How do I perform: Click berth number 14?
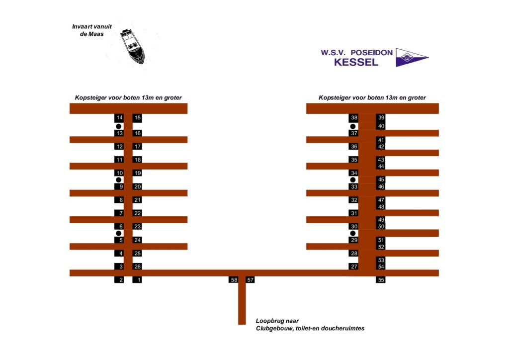(x=119, y=118)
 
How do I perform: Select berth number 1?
(x=137, y=280)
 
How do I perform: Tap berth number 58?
(x=234, y=280)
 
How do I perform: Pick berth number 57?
(x=251, y=280)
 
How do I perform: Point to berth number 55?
(x=381, y=280)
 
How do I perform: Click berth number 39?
(x=381, y=118)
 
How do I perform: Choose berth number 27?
(x=353, y=267)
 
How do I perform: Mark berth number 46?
(x=381, y=186)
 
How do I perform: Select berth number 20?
(x=137, y=186)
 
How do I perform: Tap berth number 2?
(x=119, y=280)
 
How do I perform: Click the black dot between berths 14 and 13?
(x=119, y=126)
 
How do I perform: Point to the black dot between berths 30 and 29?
(x=353, y=233)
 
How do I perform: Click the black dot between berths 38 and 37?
(x=353, y=126)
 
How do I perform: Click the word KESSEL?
(x=355, y=63)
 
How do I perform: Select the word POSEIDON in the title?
(x=371, y=52)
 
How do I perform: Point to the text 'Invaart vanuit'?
(x=92, y=26)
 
